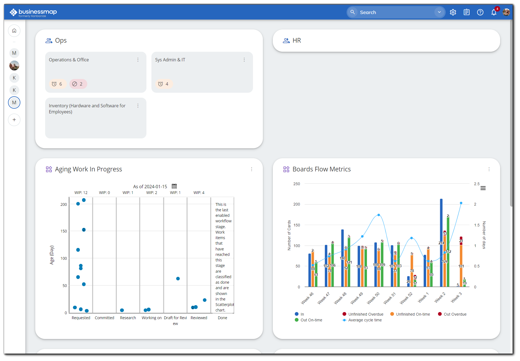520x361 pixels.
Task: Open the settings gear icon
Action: tap(453, 12)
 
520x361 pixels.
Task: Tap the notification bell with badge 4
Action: tap(494, 12)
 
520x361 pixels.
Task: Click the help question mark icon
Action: tap(480, 12)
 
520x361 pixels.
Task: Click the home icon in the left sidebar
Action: tap(14, 31)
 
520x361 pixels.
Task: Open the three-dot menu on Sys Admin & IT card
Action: tap(244, 60)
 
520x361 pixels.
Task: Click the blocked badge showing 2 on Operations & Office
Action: tap(78, 84)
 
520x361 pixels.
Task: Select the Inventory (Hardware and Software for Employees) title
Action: tap(87, 109)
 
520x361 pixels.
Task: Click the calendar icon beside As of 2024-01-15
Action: tap(174, 186)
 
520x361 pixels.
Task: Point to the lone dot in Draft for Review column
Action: tap(178, 278)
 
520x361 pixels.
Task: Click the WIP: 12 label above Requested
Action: tap(81, 193)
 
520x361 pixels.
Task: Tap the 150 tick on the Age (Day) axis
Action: tap(64, 231)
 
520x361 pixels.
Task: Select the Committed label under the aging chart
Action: tap(104, 318)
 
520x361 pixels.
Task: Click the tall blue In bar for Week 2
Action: tap(441, 242)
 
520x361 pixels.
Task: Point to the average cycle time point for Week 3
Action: tap(461, 203)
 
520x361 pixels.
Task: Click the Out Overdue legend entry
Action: tap(455, 314)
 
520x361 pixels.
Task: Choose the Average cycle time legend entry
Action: tap(364, 320)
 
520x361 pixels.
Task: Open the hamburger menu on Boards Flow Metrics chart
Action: tap(483, 188)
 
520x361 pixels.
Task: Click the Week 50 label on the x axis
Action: tap(373, 298)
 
